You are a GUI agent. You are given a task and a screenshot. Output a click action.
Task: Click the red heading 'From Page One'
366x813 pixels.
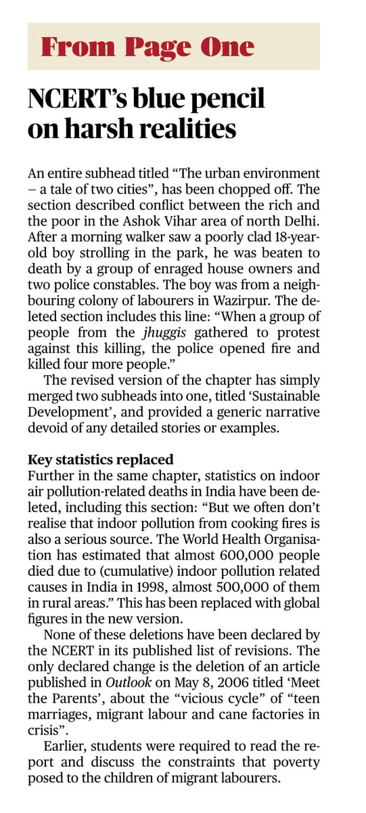coord(147,47)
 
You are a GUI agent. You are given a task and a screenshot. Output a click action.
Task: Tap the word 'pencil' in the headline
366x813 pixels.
coord(227,100)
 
